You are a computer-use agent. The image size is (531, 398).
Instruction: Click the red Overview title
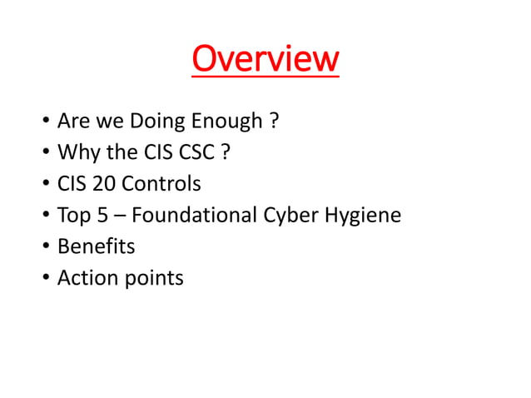pos(265,59)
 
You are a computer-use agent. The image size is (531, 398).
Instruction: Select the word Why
pos(75,153)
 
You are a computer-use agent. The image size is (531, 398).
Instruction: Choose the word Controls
pos(161,184)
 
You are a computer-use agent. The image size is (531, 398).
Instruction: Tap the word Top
pos(72,216)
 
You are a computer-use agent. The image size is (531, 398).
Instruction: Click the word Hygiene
pos(361,216)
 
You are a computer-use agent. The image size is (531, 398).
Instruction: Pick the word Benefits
pos(96,246)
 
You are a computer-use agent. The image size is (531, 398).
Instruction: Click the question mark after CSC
pos(226,153)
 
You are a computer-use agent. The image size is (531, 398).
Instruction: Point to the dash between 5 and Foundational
pos(120,216)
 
